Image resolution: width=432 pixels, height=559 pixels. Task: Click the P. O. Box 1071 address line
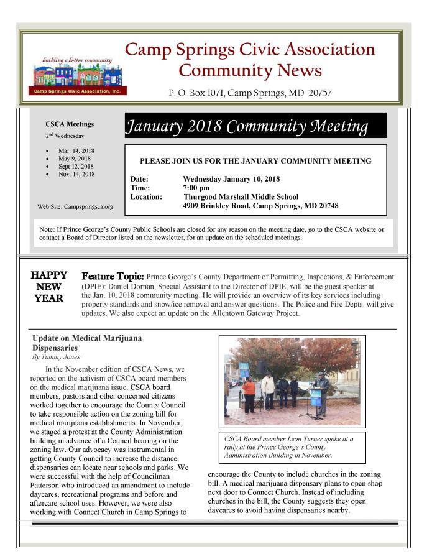(250, 93)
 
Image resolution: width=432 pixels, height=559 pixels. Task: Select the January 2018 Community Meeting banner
(255, 125)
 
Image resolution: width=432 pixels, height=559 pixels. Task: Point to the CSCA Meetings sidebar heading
(70, 124)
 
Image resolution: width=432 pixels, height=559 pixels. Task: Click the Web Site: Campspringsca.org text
(75, 206)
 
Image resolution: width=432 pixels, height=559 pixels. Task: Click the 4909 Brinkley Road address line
(260, 205)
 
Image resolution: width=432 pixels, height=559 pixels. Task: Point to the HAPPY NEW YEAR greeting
(48, 286)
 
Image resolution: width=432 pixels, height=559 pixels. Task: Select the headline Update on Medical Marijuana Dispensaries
(87, 343)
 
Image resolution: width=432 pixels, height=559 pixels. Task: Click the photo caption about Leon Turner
(292, 447)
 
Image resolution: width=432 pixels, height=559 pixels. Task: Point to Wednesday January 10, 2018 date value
(231, 179)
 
